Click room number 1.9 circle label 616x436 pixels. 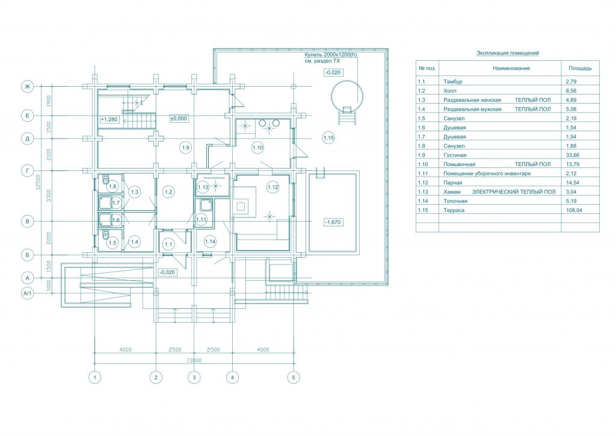186,148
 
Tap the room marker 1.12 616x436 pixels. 273,187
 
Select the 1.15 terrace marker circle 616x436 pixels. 328,137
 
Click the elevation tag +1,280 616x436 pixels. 109,119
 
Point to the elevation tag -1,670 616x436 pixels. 333,222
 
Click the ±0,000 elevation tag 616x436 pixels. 178,119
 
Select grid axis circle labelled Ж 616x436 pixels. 28,87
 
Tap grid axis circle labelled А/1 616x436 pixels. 28,293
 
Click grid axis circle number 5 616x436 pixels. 294,378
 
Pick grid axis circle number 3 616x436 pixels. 194,378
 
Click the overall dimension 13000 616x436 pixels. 194,361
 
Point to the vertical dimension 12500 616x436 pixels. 38,182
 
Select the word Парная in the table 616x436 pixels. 452,182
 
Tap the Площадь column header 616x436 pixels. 580,68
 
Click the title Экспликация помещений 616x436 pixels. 508,52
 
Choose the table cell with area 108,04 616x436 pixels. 574,210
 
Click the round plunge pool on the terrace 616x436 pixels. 347,95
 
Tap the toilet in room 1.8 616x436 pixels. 105,180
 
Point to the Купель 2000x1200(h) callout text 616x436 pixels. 331,55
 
